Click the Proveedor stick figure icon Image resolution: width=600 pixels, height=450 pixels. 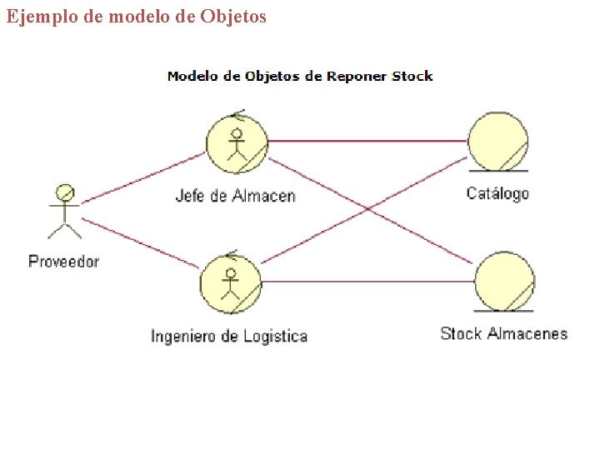click(x=64, y=212)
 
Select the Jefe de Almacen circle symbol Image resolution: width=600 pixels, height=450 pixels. click(x=237, y=142)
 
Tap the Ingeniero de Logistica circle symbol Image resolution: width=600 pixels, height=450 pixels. click(x=231, y=282)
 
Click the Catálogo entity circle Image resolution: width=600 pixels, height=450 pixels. click(x=497, y=142)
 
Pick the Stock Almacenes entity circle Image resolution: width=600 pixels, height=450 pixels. click(x=504, y=281)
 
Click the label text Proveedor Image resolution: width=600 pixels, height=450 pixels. click(x=63, y=261)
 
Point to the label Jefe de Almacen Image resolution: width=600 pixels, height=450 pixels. click(x=235, y=196)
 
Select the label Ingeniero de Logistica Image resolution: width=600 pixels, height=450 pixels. click(x=229, y=337)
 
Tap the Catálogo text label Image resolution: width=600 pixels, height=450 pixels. click(x=497, y=193)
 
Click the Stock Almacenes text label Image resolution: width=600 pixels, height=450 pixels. click(x=503, y=334)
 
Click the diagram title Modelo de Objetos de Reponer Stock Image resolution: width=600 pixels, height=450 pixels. click(x=300, y=76)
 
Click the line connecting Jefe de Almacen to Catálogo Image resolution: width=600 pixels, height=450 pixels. click(x=367, y=141)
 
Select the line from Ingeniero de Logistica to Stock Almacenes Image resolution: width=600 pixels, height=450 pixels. click(x=367, y=281)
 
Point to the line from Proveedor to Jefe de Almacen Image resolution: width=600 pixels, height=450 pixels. click(x=142, y=177)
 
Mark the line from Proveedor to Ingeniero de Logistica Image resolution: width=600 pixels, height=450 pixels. click(x=142, y=243)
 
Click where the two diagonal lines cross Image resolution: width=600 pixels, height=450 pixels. click(x=367, y=210)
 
